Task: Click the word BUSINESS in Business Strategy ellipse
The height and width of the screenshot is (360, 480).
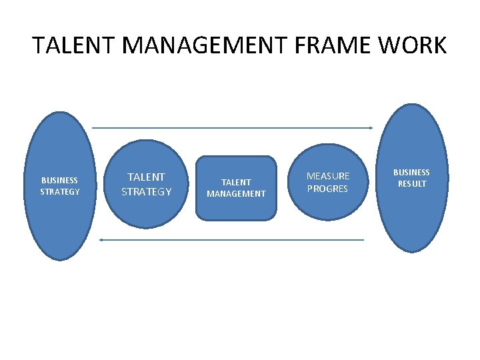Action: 59,180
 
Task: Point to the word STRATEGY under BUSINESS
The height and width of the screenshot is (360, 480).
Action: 59,192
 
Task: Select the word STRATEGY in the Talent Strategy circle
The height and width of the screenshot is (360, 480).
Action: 146,192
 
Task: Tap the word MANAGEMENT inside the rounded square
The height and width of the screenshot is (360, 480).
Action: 236,194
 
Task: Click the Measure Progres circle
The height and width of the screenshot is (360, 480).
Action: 327,203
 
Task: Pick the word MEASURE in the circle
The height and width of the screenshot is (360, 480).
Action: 327,176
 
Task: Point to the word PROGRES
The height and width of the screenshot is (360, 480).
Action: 327,189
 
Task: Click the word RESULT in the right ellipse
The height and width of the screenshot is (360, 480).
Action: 411,184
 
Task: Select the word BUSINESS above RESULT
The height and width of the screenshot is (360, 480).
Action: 411,173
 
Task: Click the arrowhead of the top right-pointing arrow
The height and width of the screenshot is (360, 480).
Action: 370,127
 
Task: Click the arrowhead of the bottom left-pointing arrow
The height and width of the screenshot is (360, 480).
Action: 101,239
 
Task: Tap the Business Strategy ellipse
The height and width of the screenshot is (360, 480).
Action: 59,220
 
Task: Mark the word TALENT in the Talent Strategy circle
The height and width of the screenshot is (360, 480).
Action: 146,177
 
